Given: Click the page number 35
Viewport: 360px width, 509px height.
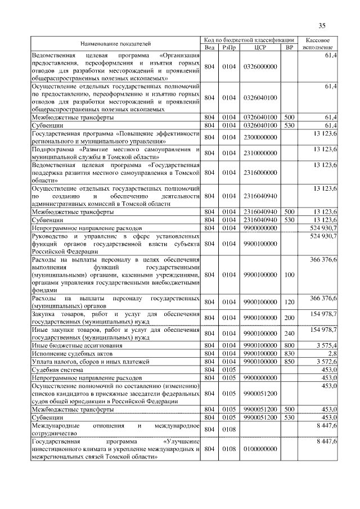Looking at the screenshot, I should (322, 25).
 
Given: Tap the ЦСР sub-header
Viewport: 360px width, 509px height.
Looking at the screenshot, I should (259, 47).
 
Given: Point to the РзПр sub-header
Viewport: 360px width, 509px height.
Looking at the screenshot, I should (228, 47).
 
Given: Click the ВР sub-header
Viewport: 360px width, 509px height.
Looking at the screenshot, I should (290, 47).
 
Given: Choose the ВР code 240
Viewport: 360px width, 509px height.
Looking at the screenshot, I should (290, 333).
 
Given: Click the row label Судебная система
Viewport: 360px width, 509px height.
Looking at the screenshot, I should (58, 370).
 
